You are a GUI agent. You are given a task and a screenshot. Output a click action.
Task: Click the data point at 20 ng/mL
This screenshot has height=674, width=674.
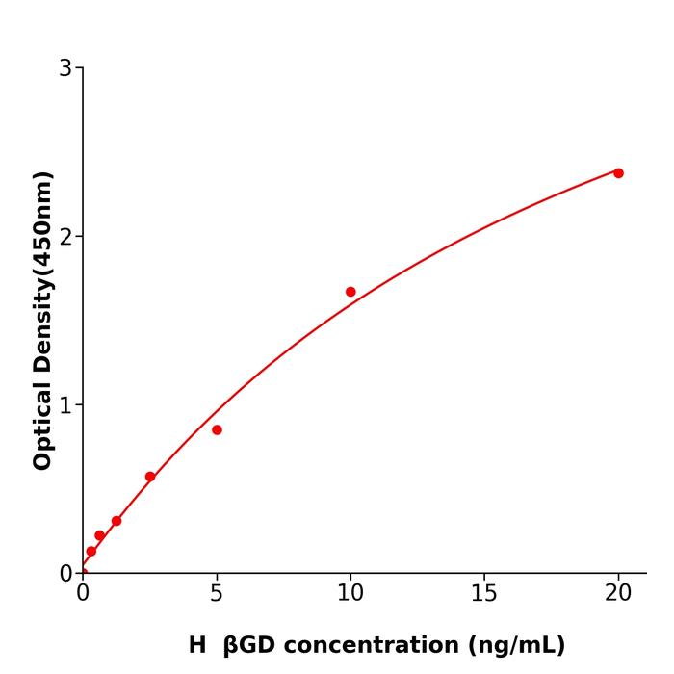tap(618, 173)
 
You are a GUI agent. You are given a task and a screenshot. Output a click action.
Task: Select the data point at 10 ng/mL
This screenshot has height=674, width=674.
tap(350, 292)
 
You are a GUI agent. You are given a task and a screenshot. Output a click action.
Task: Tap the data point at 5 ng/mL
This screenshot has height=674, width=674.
tap(217, 430)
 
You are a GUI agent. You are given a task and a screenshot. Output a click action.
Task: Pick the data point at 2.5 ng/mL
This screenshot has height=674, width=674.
tap(150, 477)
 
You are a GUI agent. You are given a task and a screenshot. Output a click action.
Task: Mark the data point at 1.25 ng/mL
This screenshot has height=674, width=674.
tap(117, 521)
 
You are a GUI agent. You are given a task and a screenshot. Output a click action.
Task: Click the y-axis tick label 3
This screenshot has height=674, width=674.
tap(65, 68)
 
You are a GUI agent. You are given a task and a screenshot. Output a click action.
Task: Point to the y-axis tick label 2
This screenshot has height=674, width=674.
tap(65, 237)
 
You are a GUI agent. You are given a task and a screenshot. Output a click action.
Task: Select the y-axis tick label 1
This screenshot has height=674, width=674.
tap(65, 405)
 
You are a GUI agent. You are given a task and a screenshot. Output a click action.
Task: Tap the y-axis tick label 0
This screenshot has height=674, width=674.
tap(65, 574)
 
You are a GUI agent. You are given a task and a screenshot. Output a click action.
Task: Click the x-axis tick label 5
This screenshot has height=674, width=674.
tap(217, 594)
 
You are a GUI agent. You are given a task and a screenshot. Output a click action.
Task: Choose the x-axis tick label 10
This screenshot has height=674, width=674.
tap(350, 594)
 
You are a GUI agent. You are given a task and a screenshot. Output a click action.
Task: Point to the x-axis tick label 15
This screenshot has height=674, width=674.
tap(484, 594)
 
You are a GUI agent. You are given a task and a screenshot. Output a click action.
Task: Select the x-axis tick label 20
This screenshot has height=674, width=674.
tap(618, 594)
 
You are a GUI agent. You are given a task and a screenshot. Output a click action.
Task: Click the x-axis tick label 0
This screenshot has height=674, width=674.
tap(83, 594)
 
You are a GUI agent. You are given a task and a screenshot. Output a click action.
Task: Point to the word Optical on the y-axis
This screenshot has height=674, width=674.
tap(43, 423)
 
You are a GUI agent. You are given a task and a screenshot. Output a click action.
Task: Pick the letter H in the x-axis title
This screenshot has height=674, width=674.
tap(197, 646)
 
